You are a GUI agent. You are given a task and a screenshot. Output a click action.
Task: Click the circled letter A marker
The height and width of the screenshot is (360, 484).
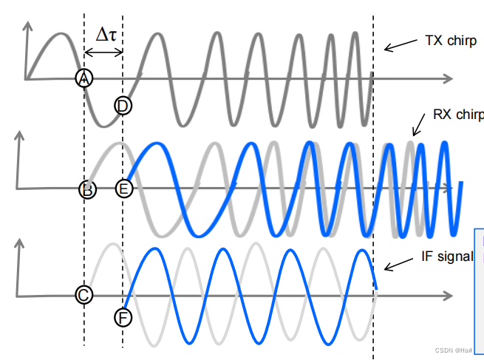tap(84, 78)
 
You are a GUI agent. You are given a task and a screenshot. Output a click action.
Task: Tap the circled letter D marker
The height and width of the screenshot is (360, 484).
tap(123, 106)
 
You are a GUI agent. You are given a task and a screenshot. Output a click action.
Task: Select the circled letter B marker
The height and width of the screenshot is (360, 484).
tap(87, 189)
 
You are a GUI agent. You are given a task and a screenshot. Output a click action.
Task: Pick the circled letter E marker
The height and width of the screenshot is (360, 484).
tap(123, 189)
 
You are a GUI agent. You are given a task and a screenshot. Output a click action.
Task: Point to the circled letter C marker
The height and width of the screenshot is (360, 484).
tap(84, 295)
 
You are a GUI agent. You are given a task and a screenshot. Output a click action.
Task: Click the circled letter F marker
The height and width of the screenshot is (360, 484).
tap(123, 318)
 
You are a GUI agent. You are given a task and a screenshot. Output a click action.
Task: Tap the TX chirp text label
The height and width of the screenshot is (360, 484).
tap(451, 41)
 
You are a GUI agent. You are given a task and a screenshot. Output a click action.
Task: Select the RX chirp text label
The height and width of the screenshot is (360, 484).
tap(459, 115)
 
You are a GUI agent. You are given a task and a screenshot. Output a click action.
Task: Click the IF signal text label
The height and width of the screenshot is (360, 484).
tap(446, 257)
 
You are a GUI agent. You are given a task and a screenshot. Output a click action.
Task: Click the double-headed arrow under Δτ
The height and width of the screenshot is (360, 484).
tap(103, 52)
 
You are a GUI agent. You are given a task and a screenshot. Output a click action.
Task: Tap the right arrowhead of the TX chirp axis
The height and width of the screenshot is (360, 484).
tap(448, 77)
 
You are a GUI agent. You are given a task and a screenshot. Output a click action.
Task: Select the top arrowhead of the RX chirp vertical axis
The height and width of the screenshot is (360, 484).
tap(19, 137)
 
